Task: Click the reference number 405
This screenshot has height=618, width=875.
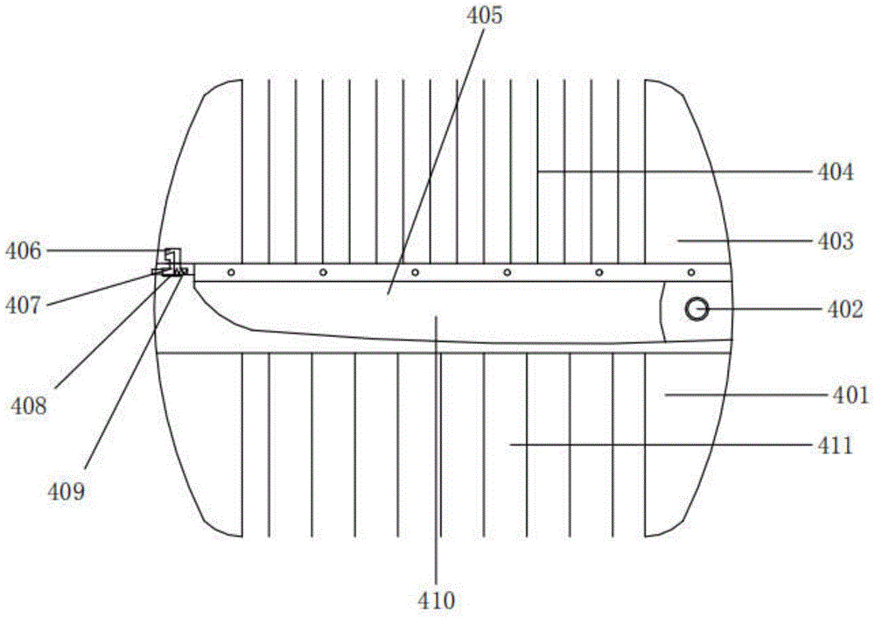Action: pos(485,15)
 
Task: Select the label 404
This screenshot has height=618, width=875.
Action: pos(836,172)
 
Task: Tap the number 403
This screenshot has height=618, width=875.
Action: pos(836,242)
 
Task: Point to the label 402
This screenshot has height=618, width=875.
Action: pos(845,309)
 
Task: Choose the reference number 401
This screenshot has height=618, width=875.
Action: pos(850,396)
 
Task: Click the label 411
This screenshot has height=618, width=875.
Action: pos(836,446)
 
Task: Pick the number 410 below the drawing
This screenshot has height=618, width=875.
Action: pos(437,600)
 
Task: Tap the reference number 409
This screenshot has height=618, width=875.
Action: pos(66,492)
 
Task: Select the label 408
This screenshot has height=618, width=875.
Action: pos(29,406)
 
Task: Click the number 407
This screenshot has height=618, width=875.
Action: pos(23,305)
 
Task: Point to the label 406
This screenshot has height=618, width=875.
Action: pos(23,251)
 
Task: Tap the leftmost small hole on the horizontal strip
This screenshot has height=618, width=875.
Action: pos(231,272)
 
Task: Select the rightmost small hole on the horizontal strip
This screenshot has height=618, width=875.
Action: pos(691,272)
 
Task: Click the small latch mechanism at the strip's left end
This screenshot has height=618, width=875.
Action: pos(173,263)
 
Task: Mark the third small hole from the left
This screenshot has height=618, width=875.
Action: pos(415,272)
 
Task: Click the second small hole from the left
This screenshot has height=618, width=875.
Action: pos(323,272)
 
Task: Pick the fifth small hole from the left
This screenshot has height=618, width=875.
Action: pos(599,272)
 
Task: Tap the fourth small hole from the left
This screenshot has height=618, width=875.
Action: pos(507,272)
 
